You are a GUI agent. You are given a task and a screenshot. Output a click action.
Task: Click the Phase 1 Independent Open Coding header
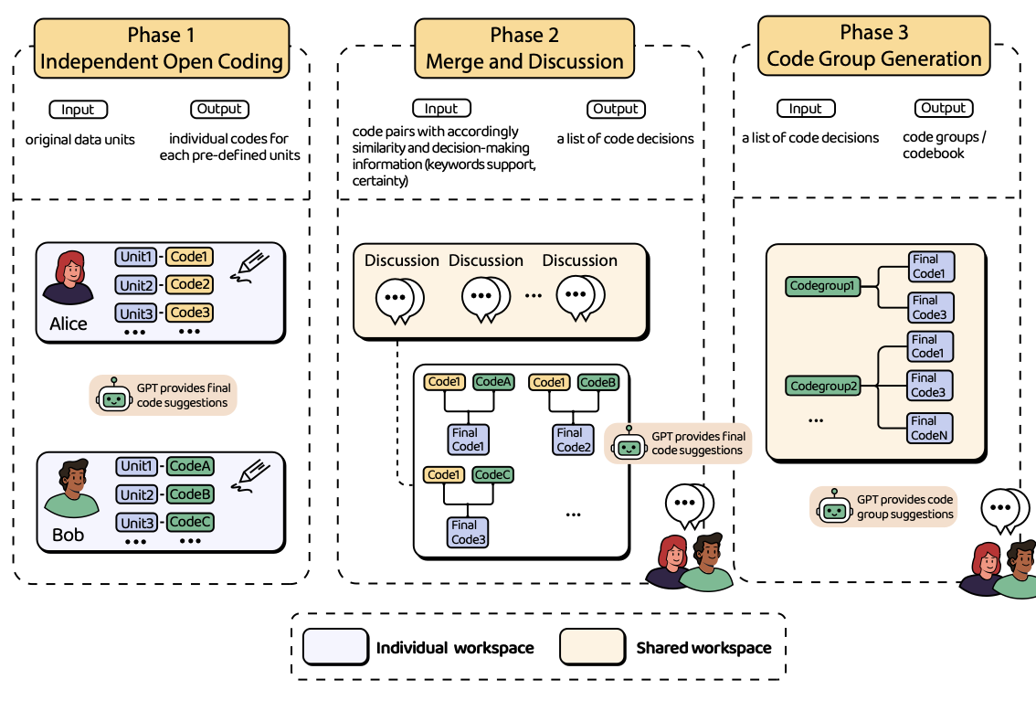click(x=163, y=49)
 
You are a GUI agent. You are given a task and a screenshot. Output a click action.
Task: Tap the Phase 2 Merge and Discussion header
click(x=524, y=49)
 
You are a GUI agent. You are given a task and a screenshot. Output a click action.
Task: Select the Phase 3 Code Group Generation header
click(x=874, y=46)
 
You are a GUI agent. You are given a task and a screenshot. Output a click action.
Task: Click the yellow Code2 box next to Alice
click(x=190, y=284)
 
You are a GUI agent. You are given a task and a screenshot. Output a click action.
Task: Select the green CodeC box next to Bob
click(x=191, y=522)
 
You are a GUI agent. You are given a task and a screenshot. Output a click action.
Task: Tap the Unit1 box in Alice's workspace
click(x=137, y=257)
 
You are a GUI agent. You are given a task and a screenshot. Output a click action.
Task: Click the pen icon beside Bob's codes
click(x=249, y=478)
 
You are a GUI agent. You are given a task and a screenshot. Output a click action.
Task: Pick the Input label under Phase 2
click(x=441, y=108)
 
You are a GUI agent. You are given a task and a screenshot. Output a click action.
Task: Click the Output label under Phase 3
click(x=943, y=108)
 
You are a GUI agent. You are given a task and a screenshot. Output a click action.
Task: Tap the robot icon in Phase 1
click(x=112, y=395)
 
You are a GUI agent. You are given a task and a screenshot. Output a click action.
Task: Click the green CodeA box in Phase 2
click(x=493, y=382)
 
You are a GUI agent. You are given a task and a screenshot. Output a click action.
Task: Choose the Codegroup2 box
click(x=824, y=386)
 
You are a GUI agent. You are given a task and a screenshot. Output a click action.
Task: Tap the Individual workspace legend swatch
click(x=334, y=647)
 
